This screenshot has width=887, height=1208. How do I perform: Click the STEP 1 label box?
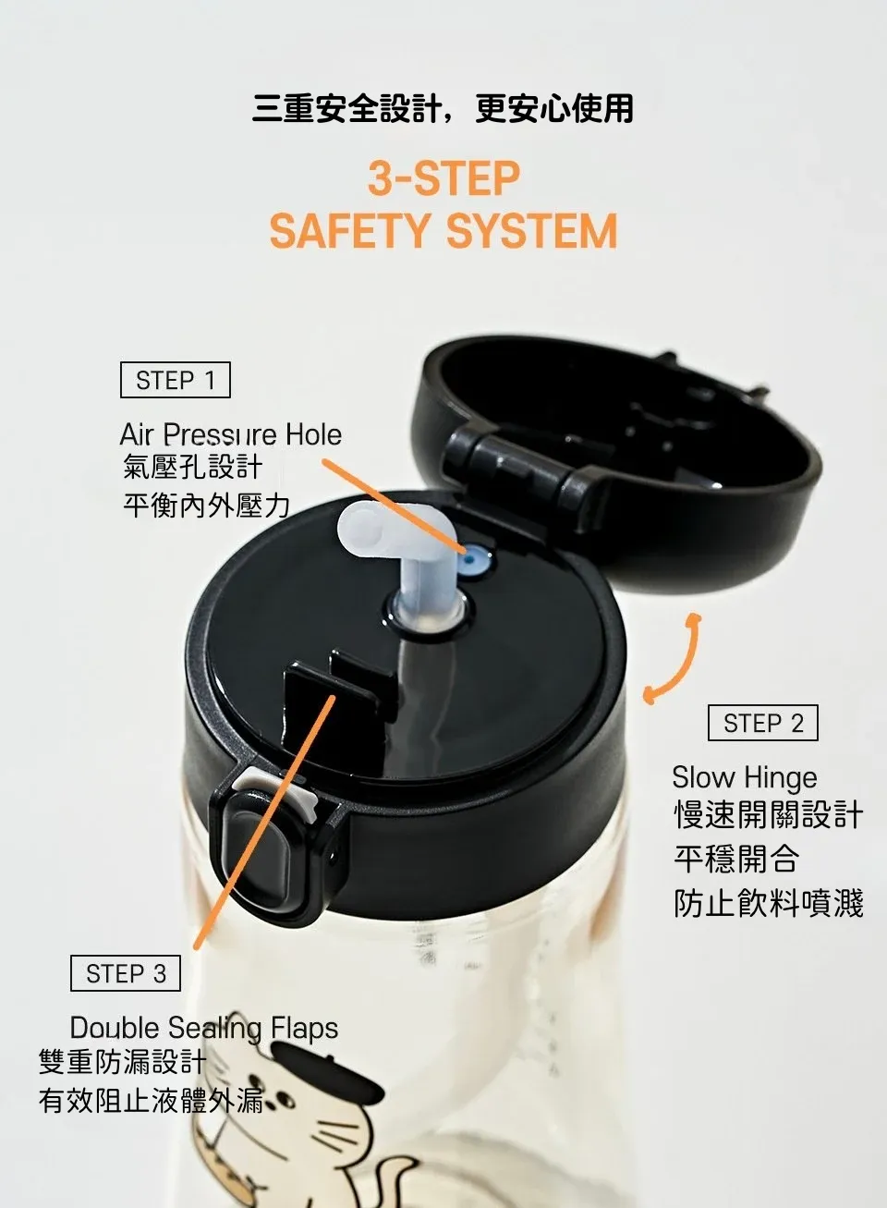click(176, 380)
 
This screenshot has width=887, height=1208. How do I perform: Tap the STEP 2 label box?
click(762, 723)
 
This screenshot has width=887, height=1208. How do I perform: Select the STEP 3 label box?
click(126, 973)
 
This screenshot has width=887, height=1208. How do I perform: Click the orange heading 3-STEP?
click(443, 178)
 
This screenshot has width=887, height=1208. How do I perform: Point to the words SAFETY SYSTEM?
click(443, 231)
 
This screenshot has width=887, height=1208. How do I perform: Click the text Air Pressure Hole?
click(231, 434)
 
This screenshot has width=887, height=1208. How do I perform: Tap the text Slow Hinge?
click(745, 778)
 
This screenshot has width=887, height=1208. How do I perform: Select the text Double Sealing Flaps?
click(204, 1028)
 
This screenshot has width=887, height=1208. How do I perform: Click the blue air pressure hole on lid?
click(473, 561)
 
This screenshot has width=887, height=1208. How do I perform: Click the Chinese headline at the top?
click(443, 108)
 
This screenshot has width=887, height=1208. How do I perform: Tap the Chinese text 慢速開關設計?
click(769, 815)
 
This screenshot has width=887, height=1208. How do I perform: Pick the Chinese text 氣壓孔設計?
click(192, 467)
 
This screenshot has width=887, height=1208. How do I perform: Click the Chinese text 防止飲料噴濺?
click(769, 903)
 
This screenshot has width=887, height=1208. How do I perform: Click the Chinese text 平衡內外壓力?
click(207, 506)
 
